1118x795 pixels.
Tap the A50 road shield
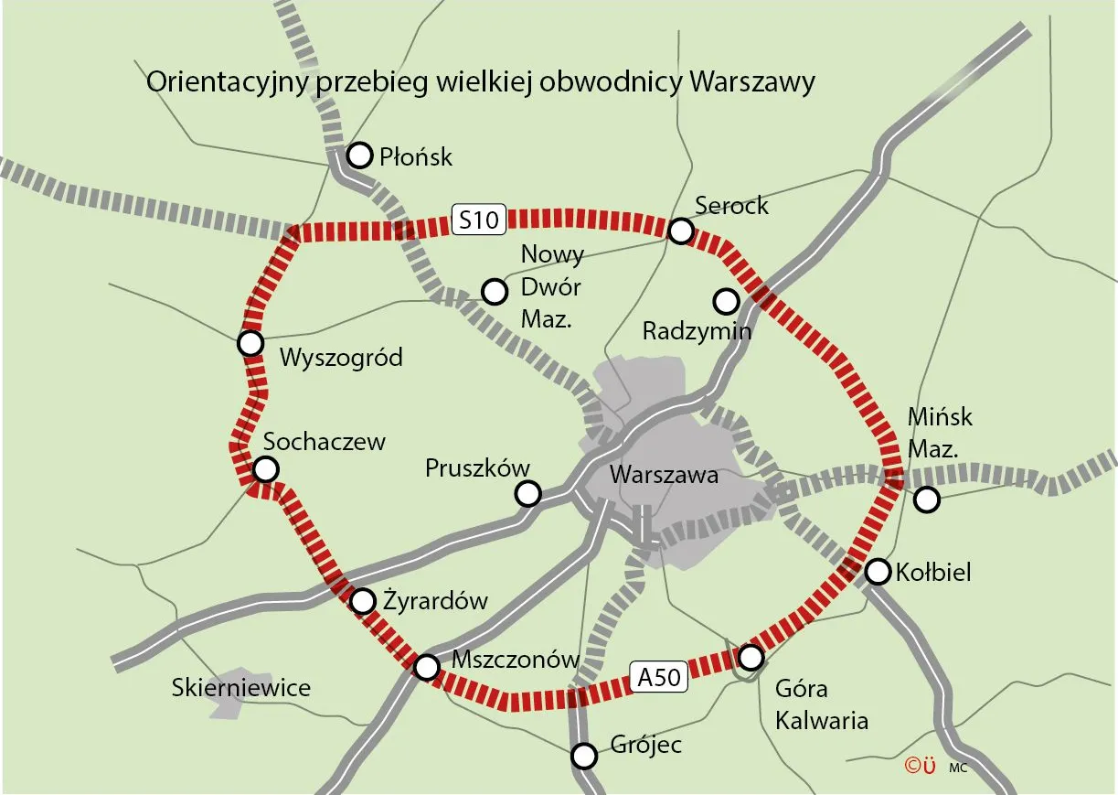pos(658,678)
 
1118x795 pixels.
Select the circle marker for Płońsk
pos(360,155)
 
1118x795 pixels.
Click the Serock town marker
pos(680,231)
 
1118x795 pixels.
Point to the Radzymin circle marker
pos(726,300)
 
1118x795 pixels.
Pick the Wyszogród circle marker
pos(250,343)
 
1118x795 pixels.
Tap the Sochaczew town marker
pos(265,469)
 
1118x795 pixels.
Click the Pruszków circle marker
pos(527,494)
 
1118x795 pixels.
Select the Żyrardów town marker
pos(363,601)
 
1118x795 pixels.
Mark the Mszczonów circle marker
pos(426,667)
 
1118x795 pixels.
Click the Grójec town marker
pos(583,757)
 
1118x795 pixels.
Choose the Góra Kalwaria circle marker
pos(751,657)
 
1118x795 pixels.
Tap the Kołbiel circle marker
pos(878,572)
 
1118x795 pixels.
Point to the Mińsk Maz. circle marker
pos(927,500)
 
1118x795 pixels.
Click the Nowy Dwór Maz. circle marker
pos(494,292)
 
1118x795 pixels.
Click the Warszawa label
pos(664,476)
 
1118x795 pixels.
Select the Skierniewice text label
pos(241,688)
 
